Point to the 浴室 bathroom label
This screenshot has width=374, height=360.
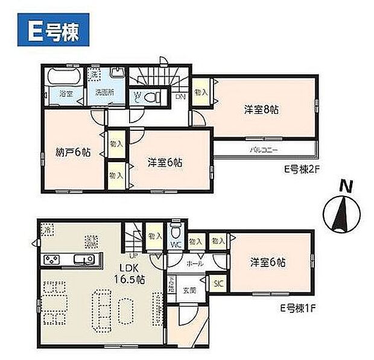pos(65,93)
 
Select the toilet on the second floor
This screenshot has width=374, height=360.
pos(156,95)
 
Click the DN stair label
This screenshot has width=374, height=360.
pos(180,96)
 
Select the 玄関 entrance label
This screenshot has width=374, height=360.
pos(189,290)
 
